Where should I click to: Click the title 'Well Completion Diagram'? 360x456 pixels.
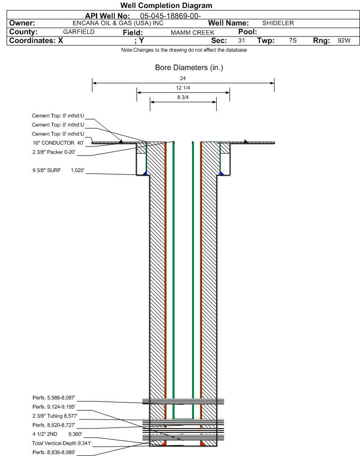[166, 6]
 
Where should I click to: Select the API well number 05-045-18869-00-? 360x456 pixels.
[170, 16]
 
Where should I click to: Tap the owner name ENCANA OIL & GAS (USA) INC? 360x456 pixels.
[118, 23]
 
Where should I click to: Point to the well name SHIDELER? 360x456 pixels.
[278, 23]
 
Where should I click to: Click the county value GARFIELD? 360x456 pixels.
[79, 32]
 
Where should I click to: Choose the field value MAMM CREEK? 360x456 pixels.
[193, 33]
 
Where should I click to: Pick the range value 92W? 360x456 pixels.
[344, 40]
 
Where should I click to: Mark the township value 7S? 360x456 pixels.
[293, 40]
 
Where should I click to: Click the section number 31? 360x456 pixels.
[241, 40]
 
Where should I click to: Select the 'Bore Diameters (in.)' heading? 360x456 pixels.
[189, 68]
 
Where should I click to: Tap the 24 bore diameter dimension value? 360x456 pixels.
[183, 78]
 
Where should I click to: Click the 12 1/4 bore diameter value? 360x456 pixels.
[183, 88]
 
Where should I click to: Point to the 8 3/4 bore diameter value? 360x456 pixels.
[183, 98]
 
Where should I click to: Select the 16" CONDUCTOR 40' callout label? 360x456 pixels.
[58, 143]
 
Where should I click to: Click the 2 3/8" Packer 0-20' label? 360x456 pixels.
[54, 152]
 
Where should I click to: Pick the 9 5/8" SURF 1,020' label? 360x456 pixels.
[58, 170]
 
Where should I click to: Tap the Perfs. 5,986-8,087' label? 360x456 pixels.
[54, 398]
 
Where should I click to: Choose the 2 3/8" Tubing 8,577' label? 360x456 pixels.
[55, 416]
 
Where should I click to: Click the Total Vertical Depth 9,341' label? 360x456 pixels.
[62, 443]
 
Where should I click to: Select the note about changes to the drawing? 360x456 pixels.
[184, 50]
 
